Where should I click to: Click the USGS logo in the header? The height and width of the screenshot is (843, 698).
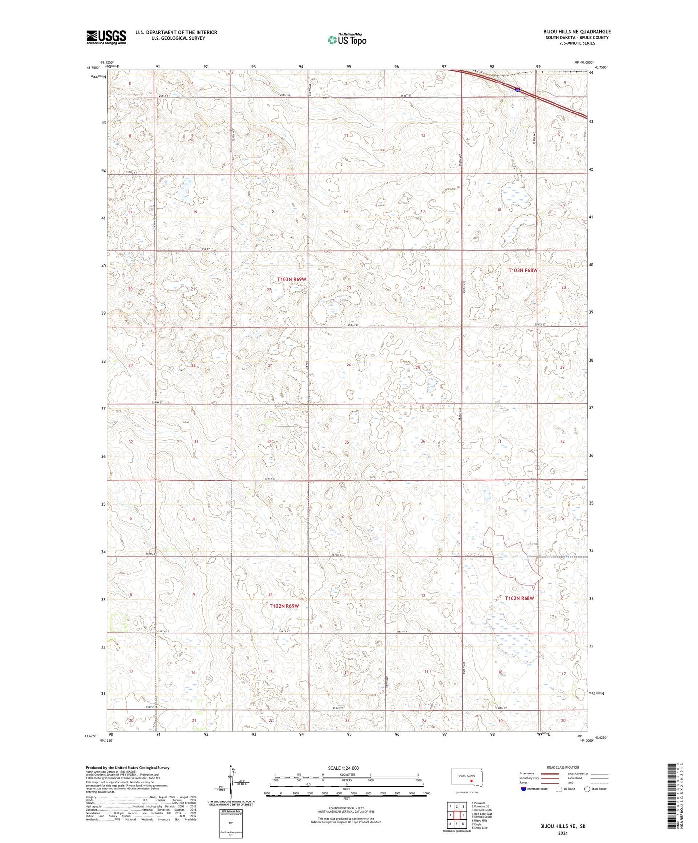106,37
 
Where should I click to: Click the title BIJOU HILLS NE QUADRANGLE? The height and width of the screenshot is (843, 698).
577,32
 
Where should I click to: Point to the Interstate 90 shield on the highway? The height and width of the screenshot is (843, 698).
517,89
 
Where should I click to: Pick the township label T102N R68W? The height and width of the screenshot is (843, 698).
520,598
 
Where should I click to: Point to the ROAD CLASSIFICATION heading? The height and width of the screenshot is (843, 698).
563,767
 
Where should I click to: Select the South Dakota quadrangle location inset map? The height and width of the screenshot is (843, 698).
470,778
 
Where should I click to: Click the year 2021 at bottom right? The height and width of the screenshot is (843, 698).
563,833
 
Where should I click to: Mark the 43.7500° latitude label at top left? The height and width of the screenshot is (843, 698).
94,68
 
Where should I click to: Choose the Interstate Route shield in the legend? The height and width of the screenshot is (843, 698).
524,789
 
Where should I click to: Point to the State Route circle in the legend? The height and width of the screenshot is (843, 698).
587,789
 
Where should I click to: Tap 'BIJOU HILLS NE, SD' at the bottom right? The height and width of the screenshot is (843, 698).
563,826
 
